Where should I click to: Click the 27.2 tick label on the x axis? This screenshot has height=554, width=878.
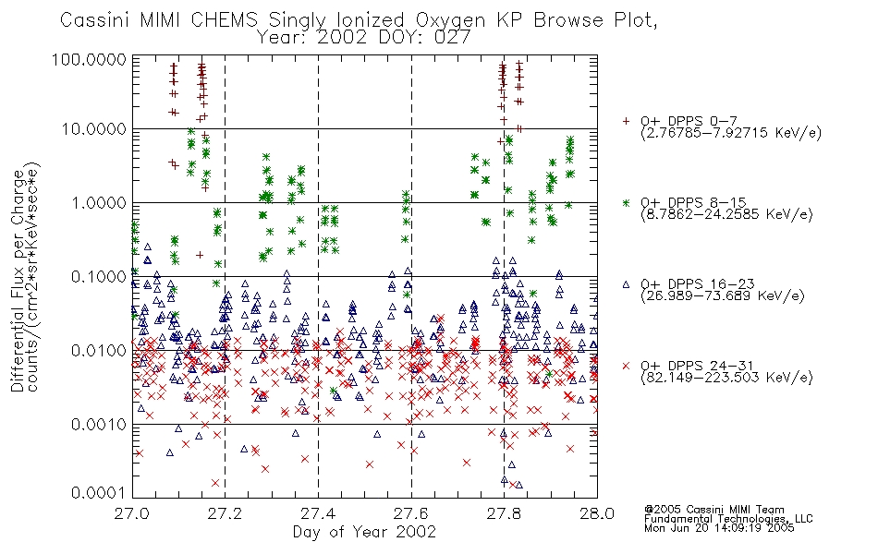226,513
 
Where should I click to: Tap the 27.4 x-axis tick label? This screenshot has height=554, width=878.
318,513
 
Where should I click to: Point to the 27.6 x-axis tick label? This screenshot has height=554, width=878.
411,513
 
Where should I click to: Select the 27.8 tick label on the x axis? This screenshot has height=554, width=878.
504,513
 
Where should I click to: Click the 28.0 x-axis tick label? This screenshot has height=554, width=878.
597,513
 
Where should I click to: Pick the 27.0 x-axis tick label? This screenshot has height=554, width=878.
132,513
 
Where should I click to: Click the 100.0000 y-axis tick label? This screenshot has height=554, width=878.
90,59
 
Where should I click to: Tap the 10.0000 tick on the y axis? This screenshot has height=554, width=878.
94,129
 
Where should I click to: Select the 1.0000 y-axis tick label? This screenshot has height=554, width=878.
99,203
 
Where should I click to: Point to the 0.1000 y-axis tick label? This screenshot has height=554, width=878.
99,277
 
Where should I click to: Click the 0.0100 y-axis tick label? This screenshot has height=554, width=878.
99,351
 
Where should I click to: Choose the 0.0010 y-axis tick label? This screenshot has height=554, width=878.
99,425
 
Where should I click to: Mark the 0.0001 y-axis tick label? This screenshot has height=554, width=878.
99,493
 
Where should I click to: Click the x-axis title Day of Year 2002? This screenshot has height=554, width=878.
364,532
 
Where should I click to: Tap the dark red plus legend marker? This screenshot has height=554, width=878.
626,121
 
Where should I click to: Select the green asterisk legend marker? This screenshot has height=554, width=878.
626,202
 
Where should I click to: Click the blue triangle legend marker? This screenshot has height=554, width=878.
626,284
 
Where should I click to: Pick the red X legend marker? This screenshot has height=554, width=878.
626,366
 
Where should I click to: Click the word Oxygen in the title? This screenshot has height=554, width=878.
450,20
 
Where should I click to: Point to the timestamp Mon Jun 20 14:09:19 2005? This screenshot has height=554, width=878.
719,528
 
